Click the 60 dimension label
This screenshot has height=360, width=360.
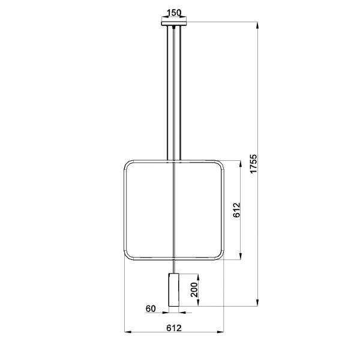150,308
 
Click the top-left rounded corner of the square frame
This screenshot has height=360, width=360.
128,164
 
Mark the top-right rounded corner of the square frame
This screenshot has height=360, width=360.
219,164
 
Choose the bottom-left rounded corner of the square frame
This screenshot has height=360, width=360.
128,256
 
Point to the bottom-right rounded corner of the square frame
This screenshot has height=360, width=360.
219,256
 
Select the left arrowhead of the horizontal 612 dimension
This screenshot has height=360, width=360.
127,331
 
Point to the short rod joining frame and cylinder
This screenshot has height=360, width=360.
173,266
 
